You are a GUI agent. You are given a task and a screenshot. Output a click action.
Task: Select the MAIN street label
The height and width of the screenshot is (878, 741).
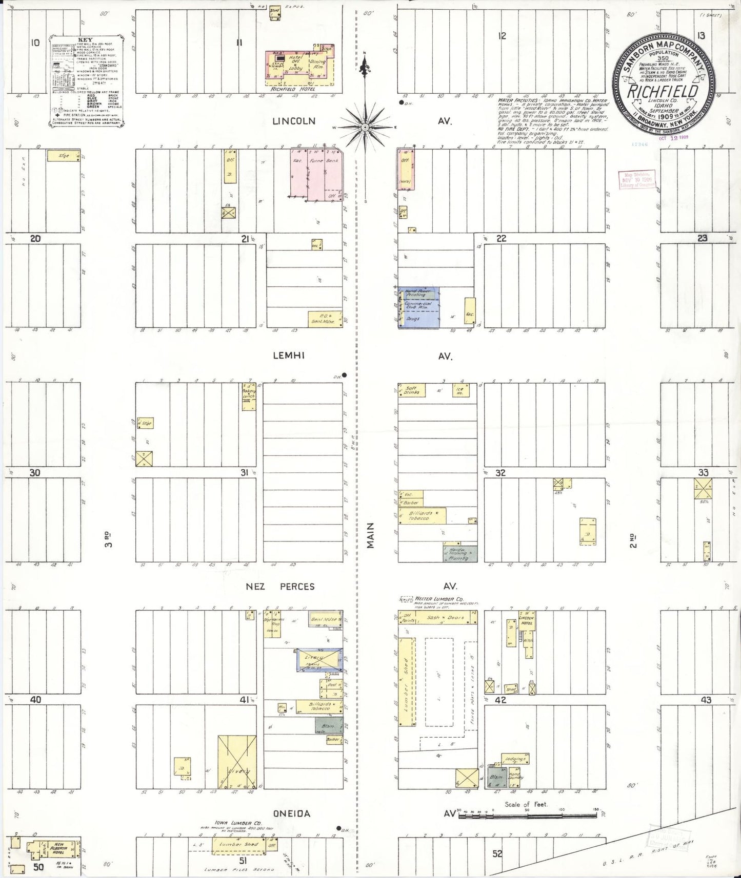coord(370,535)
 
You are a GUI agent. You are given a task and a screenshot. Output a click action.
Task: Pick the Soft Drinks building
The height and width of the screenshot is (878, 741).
coord(412,391)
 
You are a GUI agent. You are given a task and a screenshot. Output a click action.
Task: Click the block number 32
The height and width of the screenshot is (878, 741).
coord(500,472)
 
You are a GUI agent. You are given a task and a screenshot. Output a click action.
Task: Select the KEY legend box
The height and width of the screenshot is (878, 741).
coord(87,81)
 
